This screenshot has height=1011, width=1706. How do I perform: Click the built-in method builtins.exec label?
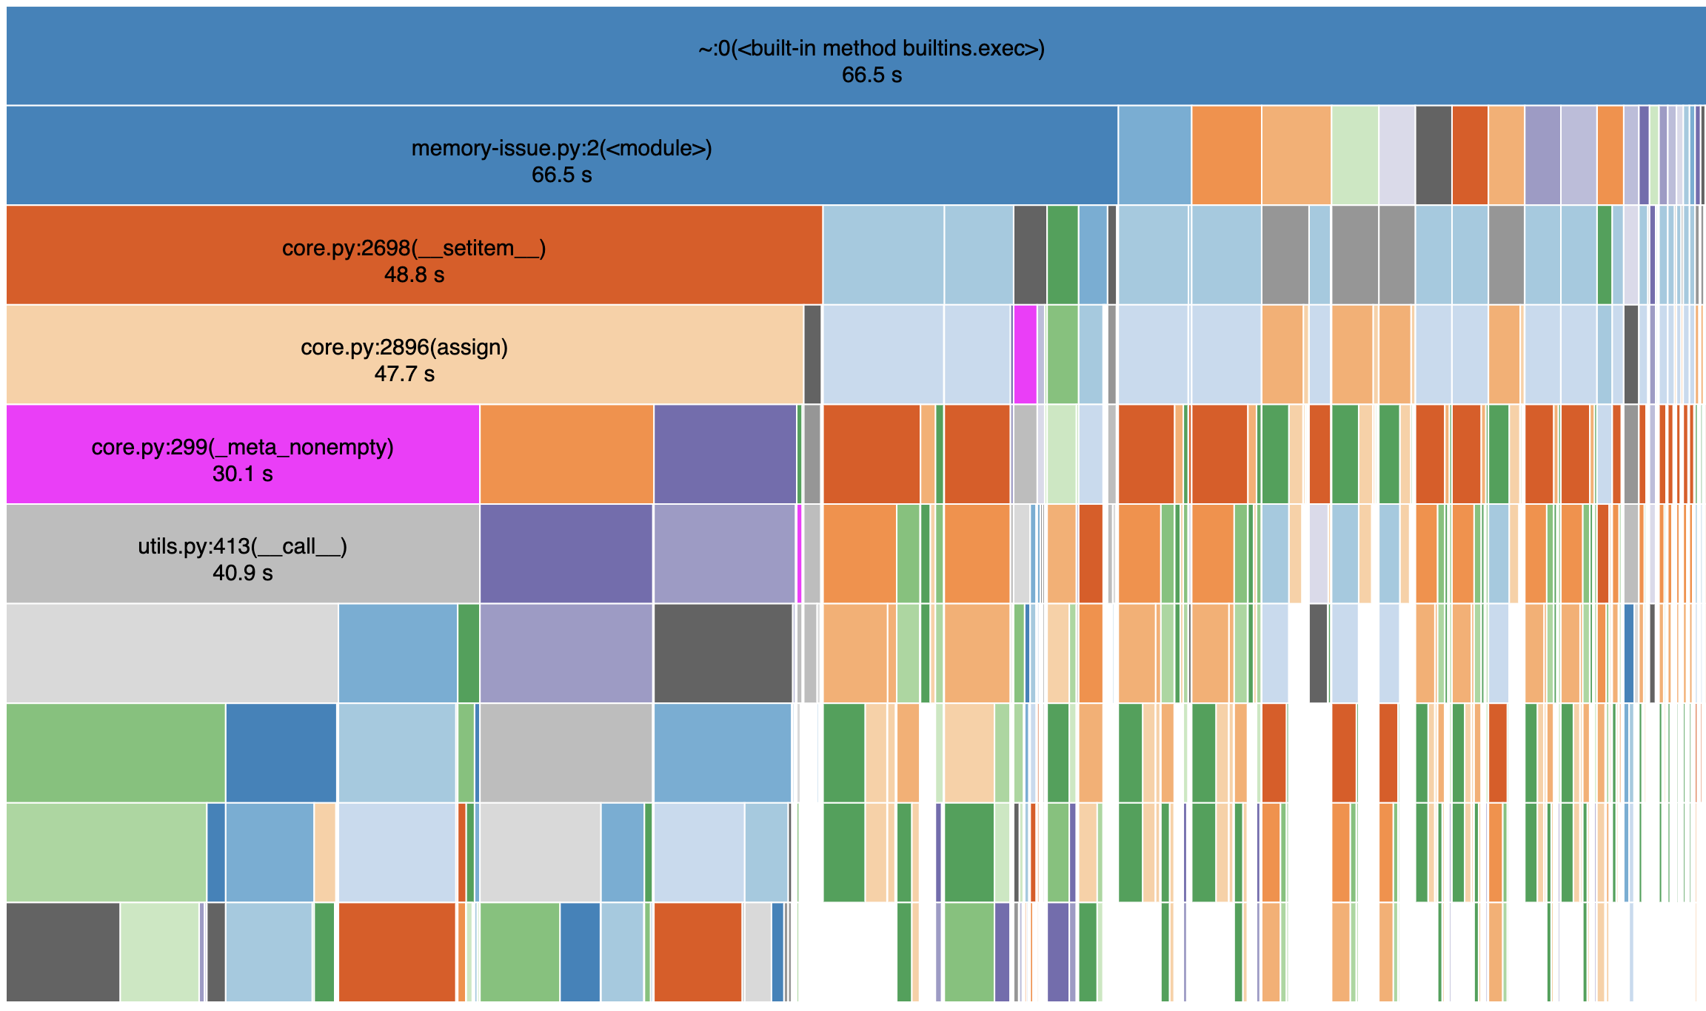(872, 49)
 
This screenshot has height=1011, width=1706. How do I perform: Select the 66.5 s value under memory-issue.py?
(561, 175)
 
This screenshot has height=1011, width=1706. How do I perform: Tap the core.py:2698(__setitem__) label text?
(414, 248)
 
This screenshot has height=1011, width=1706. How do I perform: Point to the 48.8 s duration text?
(414, 275)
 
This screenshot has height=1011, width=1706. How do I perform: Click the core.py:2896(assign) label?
(404, 347)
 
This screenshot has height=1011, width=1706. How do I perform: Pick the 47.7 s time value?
(404, 374)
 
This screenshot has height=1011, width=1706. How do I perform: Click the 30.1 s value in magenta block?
(242, 474)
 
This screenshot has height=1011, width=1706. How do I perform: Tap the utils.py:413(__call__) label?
(242, 546)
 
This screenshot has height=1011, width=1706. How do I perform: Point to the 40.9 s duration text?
(242, 573)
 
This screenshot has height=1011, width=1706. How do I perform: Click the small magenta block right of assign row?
(1025, 355)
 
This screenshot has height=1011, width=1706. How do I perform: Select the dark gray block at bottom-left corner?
(63, 952)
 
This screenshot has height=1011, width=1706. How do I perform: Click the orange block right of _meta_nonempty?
(566, 454)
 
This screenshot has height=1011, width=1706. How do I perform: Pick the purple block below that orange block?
(566, 554)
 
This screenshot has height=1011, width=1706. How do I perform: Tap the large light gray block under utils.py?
(172, 653)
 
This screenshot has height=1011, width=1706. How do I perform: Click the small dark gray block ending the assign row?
(812, 355)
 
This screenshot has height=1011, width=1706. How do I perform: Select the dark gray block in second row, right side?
(1433, 155)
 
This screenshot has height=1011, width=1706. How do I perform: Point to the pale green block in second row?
(1354, 155)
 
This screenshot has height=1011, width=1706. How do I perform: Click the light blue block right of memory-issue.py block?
(1154, 155)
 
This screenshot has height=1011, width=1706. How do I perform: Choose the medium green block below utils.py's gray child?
(116, 753)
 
